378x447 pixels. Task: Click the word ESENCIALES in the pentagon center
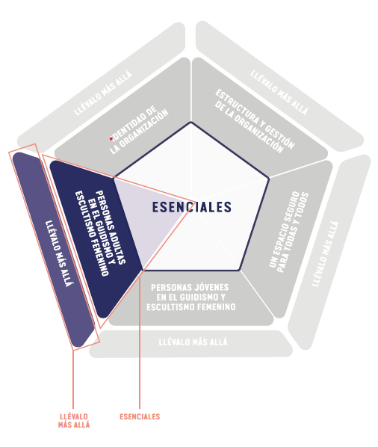[192, 207]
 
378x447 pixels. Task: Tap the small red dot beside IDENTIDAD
[111, 139]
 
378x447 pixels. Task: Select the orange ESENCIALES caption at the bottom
[140, 416]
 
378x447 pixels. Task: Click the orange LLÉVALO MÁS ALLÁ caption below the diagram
[74, 421]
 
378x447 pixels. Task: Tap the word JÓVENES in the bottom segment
[211, 287]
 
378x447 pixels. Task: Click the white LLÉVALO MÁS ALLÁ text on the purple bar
[59, 253]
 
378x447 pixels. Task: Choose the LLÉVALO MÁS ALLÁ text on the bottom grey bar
[193, 342]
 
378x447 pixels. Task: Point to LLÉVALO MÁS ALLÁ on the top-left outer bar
[103, 93]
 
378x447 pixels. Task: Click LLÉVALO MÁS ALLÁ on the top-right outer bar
[279, 93]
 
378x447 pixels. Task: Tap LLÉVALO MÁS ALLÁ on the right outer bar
[326, 253]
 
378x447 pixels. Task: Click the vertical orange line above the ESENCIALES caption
[140, 342]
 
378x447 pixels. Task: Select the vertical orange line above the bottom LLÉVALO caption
[73, 379]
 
